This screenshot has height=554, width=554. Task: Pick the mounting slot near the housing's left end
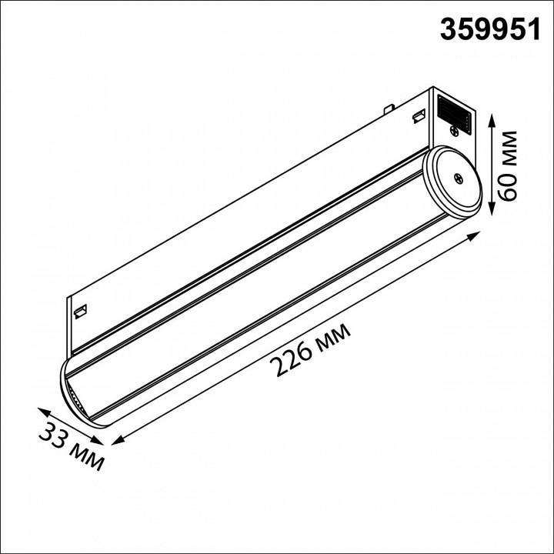pyautogui.click(x=80, y=311)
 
